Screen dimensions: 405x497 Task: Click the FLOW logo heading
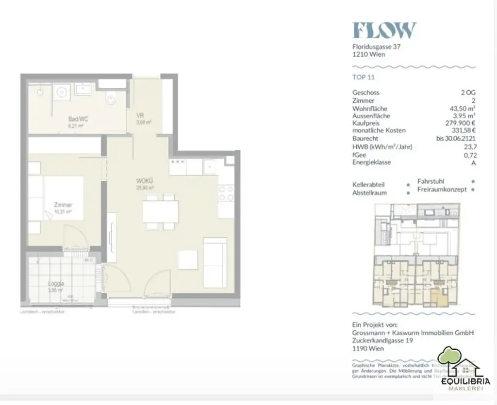point(384,30)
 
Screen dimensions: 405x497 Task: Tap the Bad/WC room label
point(78,119)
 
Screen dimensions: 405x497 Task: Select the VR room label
point(140,115)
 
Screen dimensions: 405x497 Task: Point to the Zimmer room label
point(63,205)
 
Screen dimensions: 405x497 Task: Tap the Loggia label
point(56,284)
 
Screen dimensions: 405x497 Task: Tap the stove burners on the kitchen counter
point(226,193)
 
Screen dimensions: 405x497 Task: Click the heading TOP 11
point(364,77)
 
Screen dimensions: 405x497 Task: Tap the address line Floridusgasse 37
point(377,47)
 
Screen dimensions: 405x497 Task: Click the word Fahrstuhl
point(431,181)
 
